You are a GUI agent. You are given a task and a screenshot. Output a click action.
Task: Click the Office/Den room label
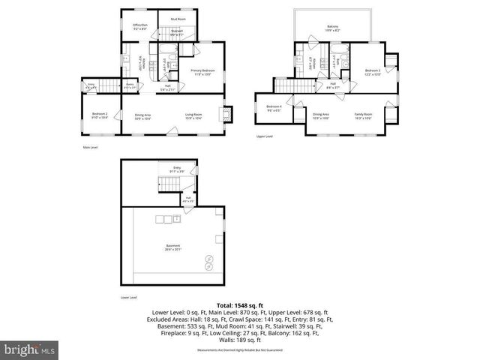pyautogui.click(x=140, y=26)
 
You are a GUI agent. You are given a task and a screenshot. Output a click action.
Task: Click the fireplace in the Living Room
pyautogui.click(x=225, y=115)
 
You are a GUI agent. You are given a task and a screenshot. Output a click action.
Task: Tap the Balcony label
pyautogui.click(x=332, y=28)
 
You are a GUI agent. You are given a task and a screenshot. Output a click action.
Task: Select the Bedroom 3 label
pyautogui.click(x=373, y=72)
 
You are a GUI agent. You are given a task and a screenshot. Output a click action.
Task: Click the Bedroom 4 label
pyautogui.click(x=274, y=108)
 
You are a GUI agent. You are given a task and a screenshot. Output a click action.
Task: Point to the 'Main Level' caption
pyautogui.click(x=91, y=147)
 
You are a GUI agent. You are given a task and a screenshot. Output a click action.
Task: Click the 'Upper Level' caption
pyautogui.click(x=264, y=136)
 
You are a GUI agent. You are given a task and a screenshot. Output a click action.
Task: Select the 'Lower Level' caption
pyautogui.click(x=129, y=298)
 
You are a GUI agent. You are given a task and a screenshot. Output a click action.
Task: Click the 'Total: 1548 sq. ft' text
pyautogui.click(x=239, y=305)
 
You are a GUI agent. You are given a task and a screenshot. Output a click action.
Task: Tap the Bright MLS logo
pyautogui.click(x=30, y=349)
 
